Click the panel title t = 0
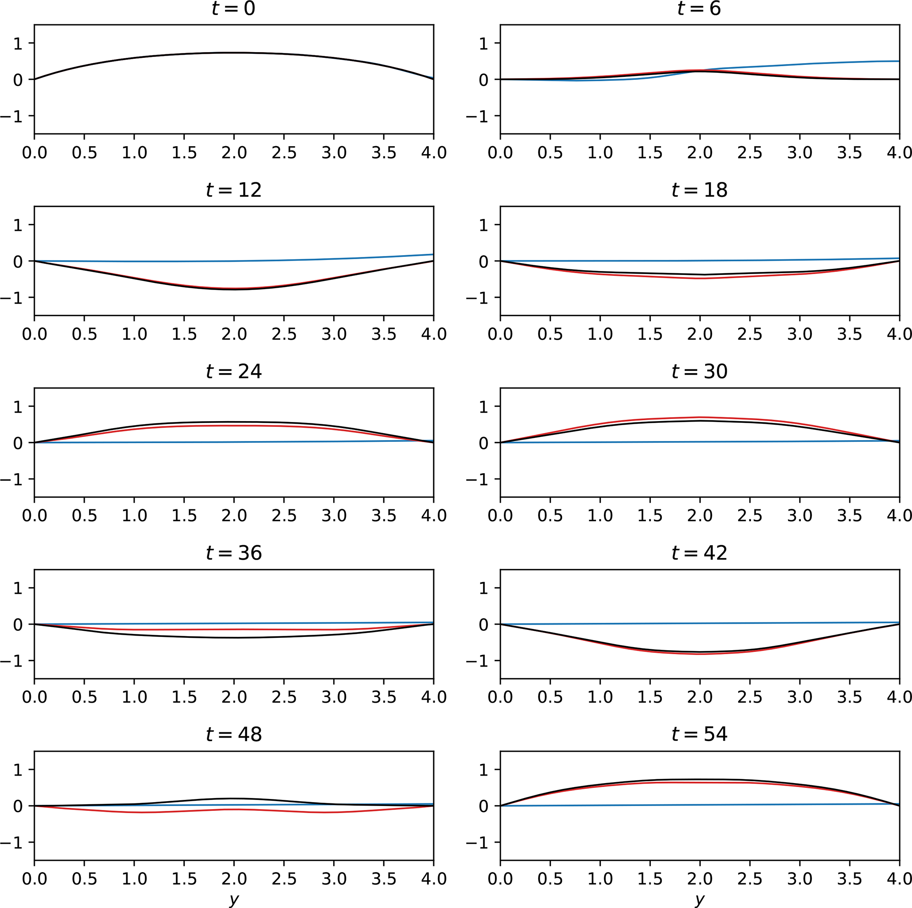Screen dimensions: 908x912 coord(234,8)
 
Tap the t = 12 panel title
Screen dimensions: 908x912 coord(234,190)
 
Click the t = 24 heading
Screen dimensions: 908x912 coord(234,372)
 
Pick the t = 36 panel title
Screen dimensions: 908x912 coord(234,553)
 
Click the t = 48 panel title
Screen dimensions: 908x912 coord(234,734)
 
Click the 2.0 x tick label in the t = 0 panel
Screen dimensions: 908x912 coord(234,153)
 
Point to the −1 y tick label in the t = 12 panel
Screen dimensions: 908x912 coord(12,298)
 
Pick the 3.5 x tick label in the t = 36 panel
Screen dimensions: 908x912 coord(384,697)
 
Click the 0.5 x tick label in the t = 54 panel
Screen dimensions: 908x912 coord(550,879)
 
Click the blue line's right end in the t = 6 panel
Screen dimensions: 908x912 coord(898,61)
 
